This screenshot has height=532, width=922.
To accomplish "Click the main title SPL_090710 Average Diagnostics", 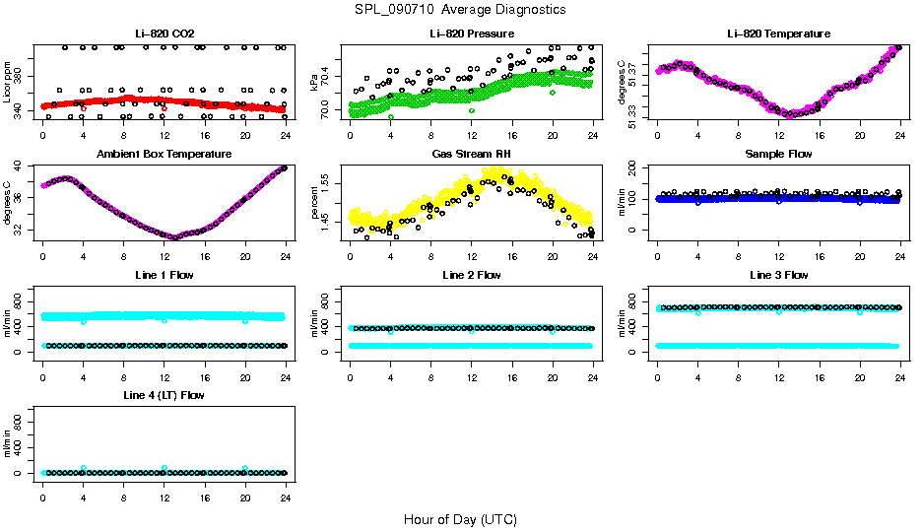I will (x=460, y=9).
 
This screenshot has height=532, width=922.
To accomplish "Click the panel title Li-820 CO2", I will (x=164, y=34).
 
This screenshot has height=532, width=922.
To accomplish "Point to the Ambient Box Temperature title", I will (x=164, y=155).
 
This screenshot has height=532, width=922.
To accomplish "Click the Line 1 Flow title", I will (x=164, y=275).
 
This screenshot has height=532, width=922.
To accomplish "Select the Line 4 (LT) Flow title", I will (x=164, y=395).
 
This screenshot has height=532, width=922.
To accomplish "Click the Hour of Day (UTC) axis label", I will (x=460, y=519).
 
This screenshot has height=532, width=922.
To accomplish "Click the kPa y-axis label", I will (x=314, y=83).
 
